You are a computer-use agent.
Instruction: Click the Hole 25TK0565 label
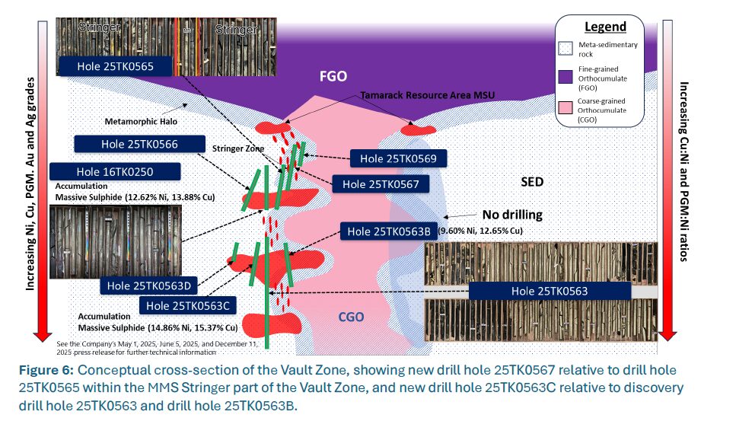click(116, 67)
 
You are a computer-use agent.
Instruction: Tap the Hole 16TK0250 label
click(114, 171)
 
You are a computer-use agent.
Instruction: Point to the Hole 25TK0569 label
click(398, 158)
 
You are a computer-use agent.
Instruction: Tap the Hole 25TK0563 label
click(550, 291)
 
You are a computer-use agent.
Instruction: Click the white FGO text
click(333, 76)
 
